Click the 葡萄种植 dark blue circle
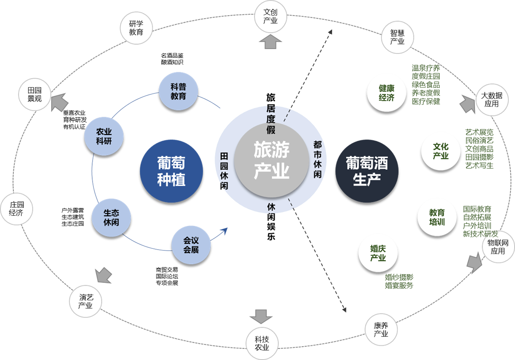tap(171, 171)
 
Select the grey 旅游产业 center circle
tap(271, 158)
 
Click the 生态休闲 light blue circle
tap(111, 217)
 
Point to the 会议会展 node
tap(191, 245)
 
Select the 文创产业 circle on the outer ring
tap(271, 16)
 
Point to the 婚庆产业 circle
tap(378, 253)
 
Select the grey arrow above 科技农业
tap(260, 316)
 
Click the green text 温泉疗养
tap(426, 69)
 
